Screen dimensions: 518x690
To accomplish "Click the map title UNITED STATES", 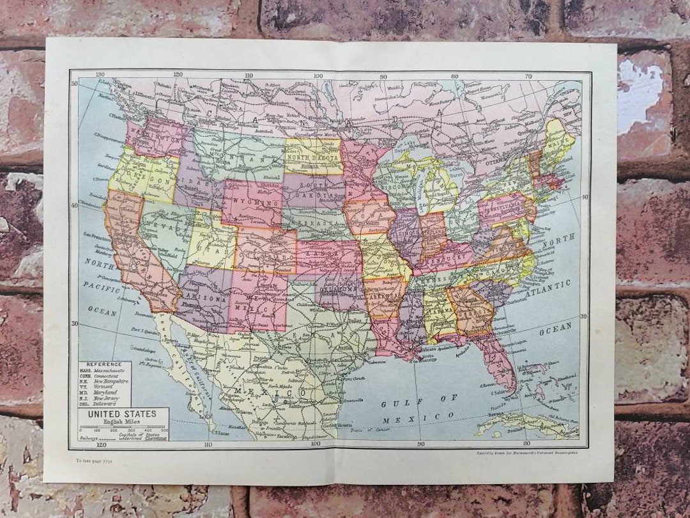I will click(118, 414).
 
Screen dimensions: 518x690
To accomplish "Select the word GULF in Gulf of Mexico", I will click(395, 404).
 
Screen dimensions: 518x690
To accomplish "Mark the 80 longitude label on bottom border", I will click(526, 443).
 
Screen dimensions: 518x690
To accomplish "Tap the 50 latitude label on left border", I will click(75, 82).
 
